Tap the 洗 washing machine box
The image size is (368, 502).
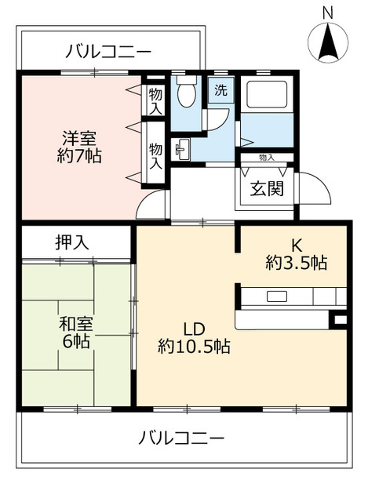220,90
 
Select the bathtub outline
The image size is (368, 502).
267,94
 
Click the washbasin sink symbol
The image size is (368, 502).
180,149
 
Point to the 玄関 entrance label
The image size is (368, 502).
267,188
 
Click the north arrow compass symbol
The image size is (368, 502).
328,42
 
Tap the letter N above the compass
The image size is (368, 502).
328,13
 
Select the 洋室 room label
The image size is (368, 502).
79,138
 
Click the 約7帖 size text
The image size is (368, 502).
79,156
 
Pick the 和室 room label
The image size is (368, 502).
76,324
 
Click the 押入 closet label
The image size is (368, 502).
72,242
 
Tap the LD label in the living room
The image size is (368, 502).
194,329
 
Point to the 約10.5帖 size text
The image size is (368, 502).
194,346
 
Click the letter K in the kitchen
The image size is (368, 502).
297,246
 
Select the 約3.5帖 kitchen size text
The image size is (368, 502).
297,263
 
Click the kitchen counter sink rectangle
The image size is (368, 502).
277,296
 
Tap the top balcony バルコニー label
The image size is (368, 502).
108,52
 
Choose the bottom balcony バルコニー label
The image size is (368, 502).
181,438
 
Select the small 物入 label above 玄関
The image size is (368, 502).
267,157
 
